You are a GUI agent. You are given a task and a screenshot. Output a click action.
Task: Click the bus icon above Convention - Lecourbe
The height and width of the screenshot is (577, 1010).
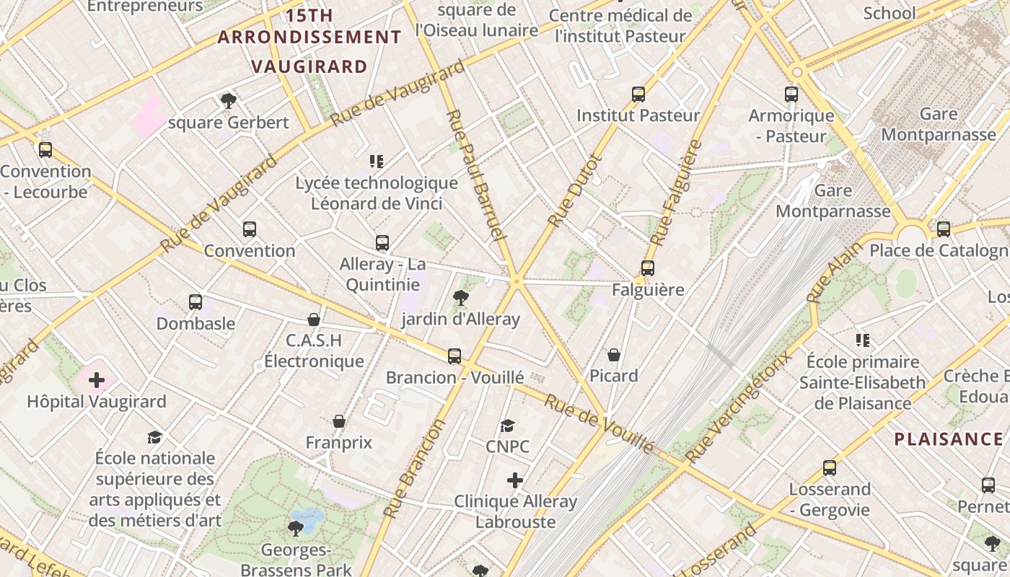45,150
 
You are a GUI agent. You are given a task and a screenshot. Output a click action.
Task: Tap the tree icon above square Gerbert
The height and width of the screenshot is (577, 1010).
229,100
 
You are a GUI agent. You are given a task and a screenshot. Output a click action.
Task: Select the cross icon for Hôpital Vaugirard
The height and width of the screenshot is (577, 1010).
97,380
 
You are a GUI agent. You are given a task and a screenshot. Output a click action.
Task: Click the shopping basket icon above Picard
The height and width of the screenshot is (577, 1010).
613,354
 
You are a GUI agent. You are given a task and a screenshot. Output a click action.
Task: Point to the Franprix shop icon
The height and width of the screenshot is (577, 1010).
339,421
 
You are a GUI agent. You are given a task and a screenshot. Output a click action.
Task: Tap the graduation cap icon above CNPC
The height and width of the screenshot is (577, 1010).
508,426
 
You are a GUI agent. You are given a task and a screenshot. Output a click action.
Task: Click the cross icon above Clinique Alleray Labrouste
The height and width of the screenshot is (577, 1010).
514,480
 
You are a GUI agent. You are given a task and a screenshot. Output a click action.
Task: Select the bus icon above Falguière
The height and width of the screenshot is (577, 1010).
648,268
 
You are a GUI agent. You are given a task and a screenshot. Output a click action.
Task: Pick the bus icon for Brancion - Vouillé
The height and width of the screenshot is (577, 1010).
454,356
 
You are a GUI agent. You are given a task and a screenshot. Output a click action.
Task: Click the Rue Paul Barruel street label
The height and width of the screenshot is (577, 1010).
473,175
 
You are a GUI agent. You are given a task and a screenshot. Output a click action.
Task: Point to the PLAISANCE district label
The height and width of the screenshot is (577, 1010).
949,439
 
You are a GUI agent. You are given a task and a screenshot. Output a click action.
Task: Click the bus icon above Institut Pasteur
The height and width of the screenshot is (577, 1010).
638,94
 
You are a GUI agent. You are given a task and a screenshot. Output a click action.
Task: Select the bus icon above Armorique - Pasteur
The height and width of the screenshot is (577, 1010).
791,94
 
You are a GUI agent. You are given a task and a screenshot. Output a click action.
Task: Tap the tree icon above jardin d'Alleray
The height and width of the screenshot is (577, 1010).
460,297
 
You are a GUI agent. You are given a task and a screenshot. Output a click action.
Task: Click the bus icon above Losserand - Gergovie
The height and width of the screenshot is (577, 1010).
829,468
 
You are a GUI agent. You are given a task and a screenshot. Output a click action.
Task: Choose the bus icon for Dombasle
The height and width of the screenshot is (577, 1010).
196,301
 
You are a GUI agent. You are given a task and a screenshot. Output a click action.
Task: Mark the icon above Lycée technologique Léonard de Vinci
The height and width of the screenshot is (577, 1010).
376,162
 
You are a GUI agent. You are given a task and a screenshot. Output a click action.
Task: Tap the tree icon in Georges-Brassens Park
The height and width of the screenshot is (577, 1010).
296,529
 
